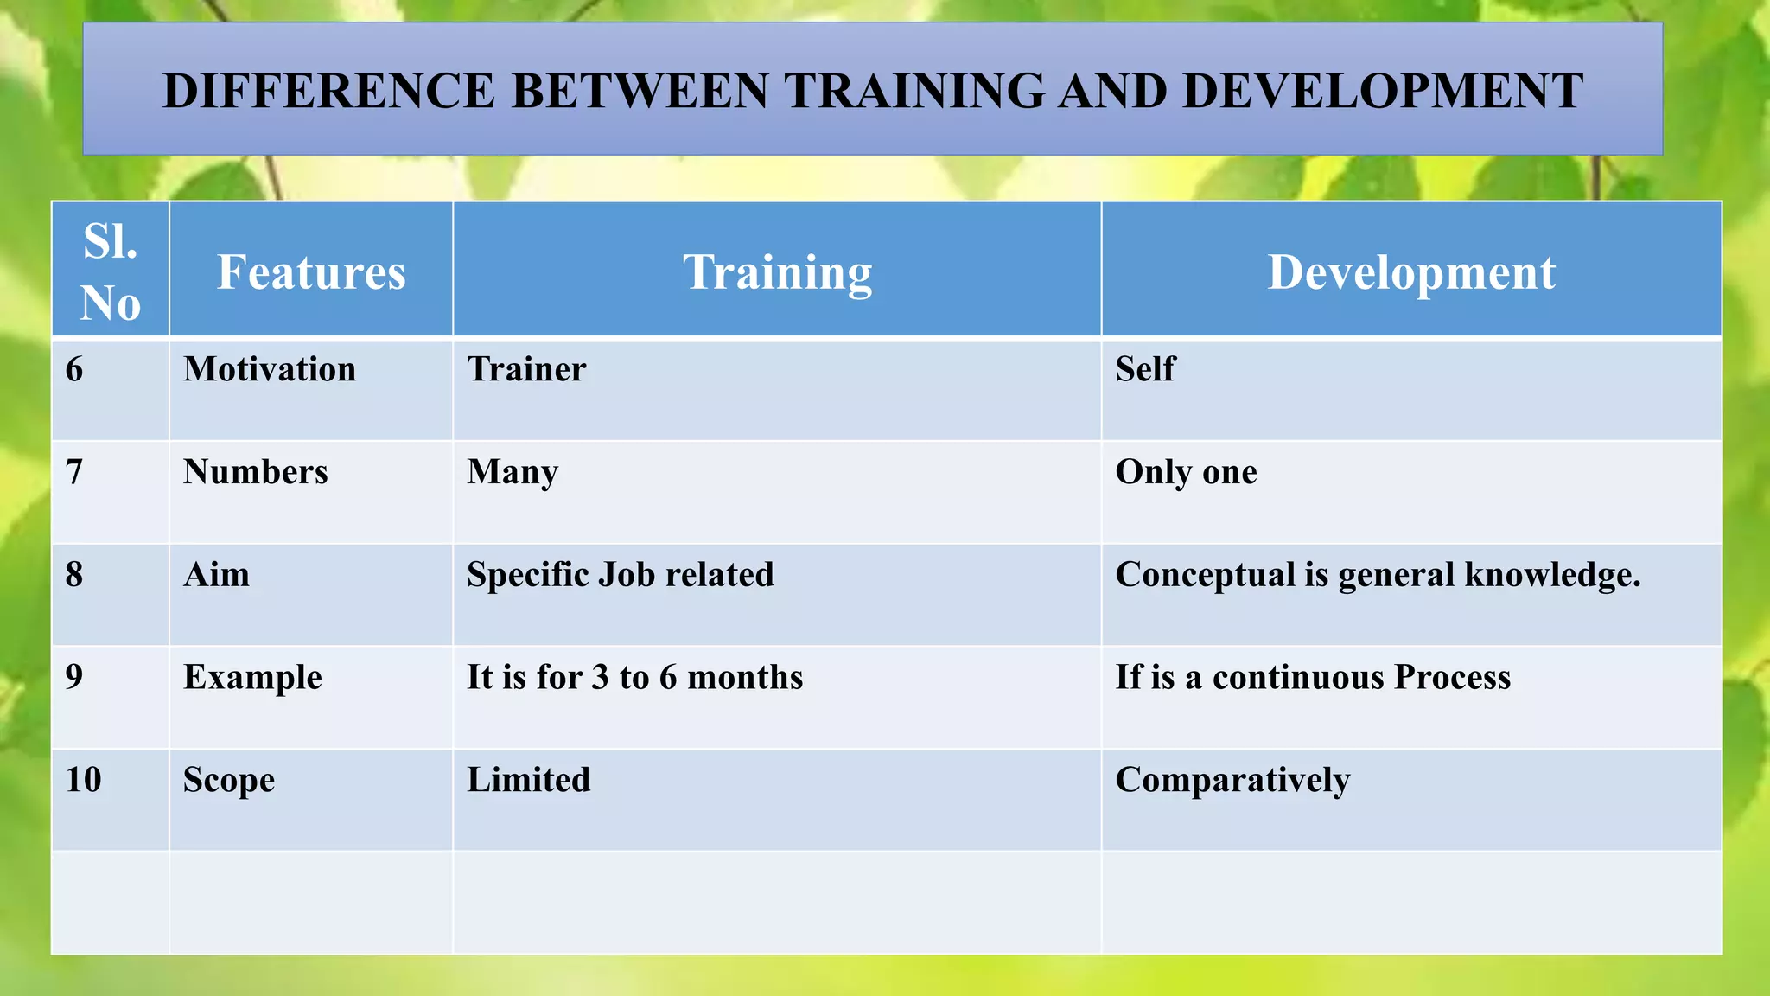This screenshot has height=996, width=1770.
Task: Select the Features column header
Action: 310,272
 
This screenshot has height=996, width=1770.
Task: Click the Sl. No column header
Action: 110,272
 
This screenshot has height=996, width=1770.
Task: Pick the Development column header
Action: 1410,272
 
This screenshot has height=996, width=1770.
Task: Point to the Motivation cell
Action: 269,370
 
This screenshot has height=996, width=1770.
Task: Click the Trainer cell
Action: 526,370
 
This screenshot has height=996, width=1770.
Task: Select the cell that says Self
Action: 1145,370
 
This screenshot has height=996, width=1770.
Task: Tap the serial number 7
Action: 74,472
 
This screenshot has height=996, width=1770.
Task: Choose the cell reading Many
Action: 513,473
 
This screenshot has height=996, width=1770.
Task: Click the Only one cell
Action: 1186,473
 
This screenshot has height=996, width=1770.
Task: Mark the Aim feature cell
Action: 216,575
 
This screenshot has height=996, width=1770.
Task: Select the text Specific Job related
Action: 620,575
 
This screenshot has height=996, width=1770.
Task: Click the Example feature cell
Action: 252,678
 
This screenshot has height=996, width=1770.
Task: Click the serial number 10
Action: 84,780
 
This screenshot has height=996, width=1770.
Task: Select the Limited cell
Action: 528,780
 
